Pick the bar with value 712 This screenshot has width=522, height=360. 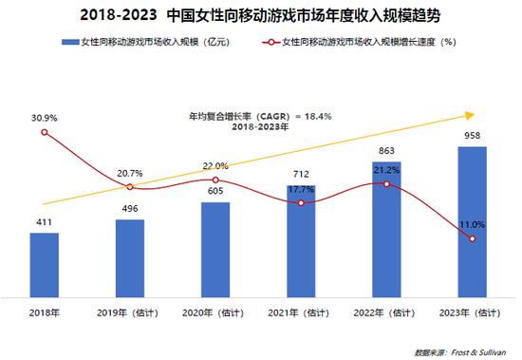pos(301,241)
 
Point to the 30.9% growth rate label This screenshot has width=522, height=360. pos(45,118)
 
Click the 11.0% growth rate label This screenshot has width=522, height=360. pos(472,224)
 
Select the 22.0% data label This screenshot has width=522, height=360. pos(215,166)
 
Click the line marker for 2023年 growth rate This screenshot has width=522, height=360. pos(472,238)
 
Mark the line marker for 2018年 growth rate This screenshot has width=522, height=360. pos(45,132)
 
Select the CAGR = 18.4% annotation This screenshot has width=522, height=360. pos(246,116)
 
